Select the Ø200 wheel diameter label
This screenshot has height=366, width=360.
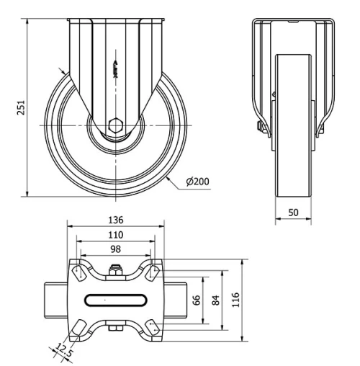(x=197, y=181)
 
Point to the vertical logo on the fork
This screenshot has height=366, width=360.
(x=114, y=68)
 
